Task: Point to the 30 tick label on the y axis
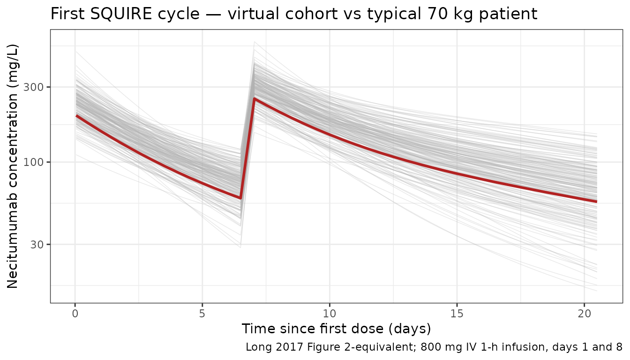click(x=38, y=244)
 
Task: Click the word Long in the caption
click(x=256, y=347)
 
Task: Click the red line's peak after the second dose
click(x=254, y=98)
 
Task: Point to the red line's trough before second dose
click(x=240, y=198)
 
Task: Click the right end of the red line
click(x=596, y=202)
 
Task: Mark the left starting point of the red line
click(x=76, y=115)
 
